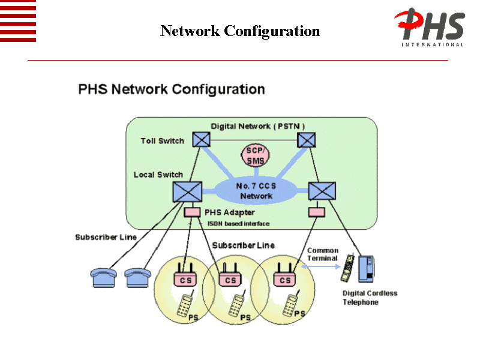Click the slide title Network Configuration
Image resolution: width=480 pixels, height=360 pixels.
point(240,31)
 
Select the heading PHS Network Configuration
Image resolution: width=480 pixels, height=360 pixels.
point(172,89)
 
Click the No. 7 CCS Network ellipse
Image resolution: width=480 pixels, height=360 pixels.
point(256,191)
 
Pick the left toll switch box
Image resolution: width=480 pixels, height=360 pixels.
point(202,140)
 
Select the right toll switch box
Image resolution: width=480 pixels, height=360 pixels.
point(307,140)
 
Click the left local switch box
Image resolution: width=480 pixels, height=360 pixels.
point(184,191)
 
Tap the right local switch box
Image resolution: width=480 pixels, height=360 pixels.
point(322,191)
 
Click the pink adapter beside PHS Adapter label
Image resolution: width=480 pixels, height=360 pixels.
point(192,212)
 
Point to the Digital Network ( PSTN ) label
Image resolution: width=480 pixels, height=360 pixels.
point(258,126)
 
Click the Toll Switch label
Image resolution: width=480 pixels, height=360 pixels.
point(162,141)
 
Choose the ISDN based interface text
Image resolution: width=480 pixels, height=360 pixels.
point(238,223)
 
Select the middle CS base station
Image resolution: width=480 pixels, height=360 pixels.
point(230,278)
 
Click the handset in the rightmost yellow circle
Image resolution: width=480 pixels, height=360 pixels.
point(292,305)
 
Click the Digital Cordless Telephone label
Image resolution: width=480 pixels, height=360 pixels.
point(370,298)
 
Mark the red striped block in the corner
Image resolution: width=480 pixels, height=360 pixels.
point(18,21)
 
